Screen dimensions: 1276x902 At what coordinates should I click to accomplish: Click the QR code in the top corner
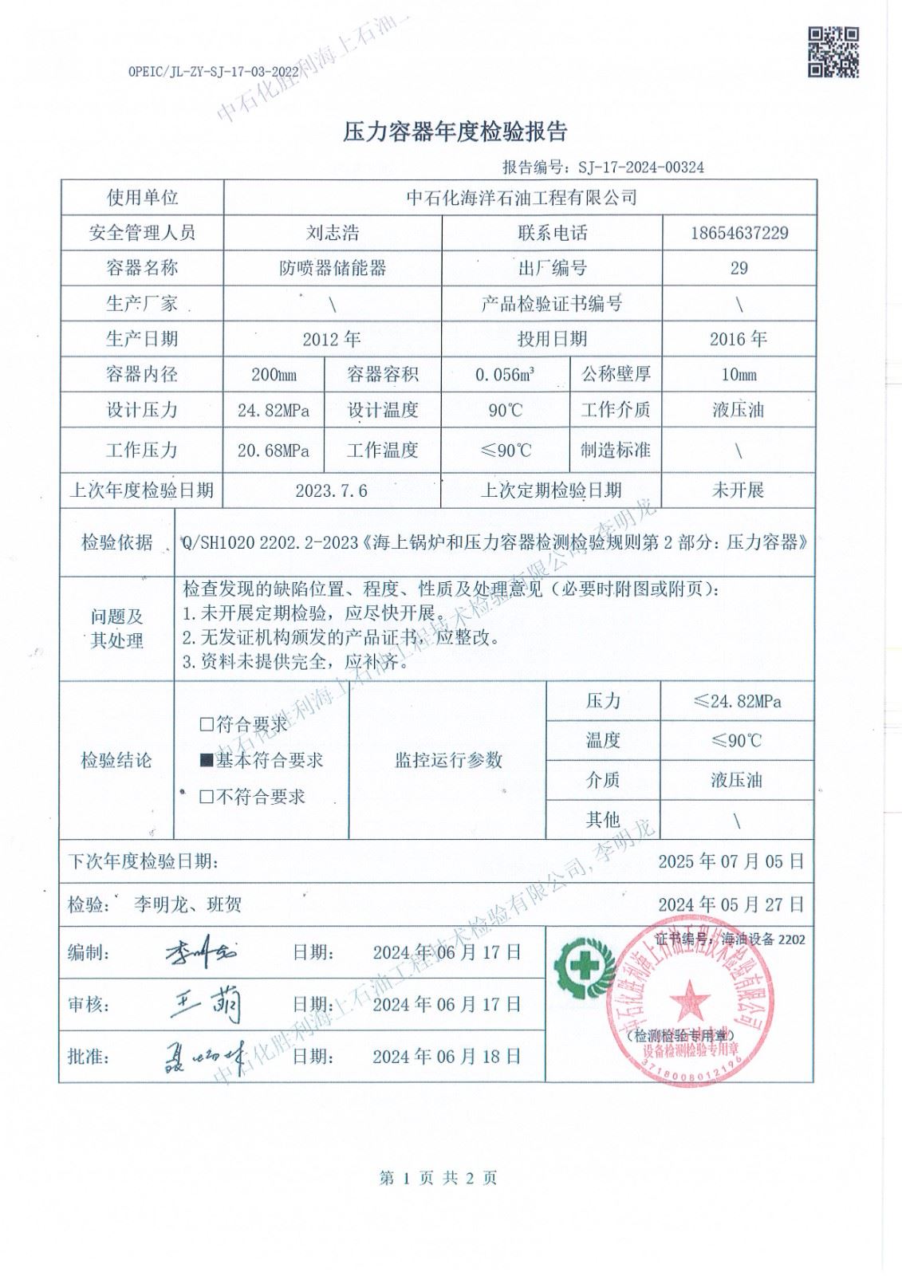point(833,52)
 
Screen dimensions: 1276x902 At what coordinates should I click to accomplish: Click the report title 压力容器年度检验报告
point(455,132)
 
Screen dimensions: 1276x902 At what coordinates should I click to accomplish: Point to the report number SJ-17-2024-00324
point(636,167)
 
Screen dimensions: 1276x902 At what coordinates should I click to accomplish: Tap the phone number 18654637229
point(739,233)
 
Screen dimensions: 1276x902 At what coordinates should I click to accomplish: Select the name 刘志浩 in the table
point(333,233)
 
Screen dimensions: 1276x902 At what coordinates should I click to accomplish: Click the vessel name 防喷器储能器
point(333,268)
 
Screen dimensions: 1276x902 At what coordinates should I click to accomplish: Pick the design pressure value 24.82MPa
point(274,411)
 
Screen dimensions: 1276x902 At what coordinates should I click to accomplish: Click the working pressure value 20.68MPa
point(274,451)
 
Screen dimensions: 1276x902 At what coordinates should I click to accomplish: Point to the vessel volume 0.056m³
point(505,375)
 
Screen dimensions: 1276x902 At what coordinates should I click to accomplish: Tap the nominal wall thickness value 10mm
point(739,375)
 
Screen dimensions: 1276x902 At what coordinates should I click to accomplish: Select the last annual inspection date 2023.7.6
point(332,490)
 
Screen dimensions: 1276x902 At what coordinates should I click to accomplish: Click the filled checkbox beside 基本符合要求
point(207,761)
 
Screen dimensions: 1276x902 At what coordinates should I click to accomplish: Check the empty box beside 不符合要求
point(207,797)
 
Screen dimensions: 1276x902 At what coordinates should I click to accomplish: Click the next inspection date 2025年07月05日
point(731,861)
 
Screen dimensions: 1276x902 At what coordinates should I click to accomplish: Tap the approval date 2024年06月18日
point(447,1057)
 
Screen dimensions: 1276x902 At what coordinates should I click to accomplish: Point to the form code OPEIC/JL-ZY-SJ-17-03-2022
point(218,71)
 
